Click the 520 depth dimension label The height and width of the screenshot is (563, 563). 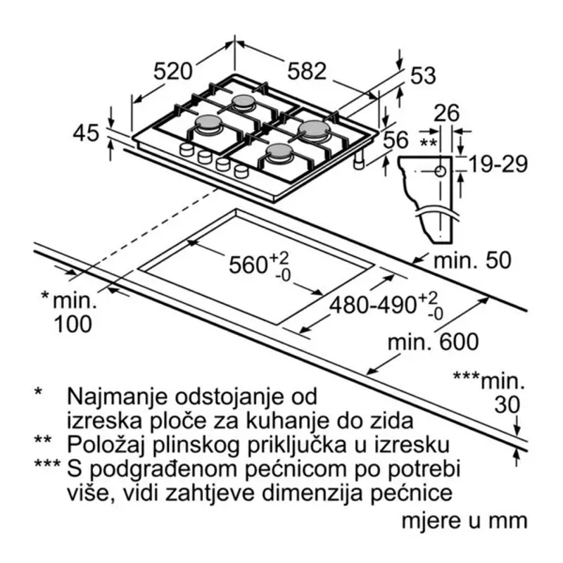[x=173, y=71]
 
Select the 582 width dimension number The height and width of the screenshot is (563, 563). [x=307, y=71]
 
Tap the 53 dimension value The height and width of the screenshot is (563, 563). [x=423, y=75]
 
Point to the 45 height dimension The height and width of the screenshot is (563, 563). [x=86, y=133]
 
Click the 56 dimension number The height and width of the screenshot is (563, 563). [x=396, y=139]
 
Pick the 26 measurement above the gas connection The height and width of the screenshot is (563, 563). [x=446, y=113]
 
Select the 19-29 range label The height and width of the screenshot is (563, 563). [x=498, y=164]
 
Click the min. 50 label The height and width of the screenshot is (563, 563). [x=472, y=260]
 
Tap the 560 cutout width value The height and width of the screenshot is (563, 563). [x=247, y=265]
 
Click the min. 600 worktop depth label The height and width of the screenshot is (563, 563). [x=433, y=341]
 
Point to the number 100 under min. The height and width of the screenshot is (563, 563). [x=73, y=324]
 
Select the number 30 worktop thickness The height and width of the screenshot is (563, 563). [x=507, y=405]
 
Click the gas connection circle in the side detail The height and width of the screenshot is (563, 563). [x=441, y=172]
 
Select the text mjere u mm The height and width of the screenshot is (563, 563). [x=464, y=521]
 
